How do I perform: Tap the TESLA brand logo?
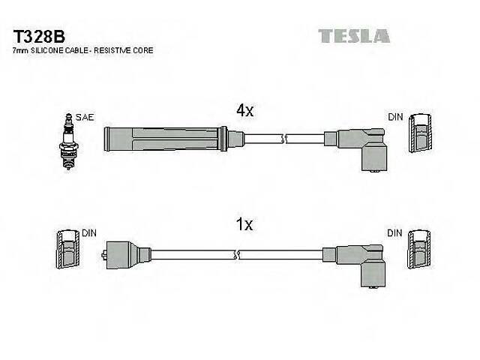click(x=353, y=36)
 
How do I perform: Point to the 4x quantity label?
click(x=245, y=110)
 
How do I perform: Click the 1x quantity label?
click(x=245, y=224)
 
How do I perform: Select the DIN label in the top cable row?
click(x=395, y=118)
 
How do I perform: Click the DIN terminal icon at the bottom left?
click(x=67, y=249)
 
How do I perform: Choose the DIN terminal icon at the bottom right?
click(x=421, y=251)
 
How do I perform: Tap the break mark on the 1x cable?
click(x=238, y=255)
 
